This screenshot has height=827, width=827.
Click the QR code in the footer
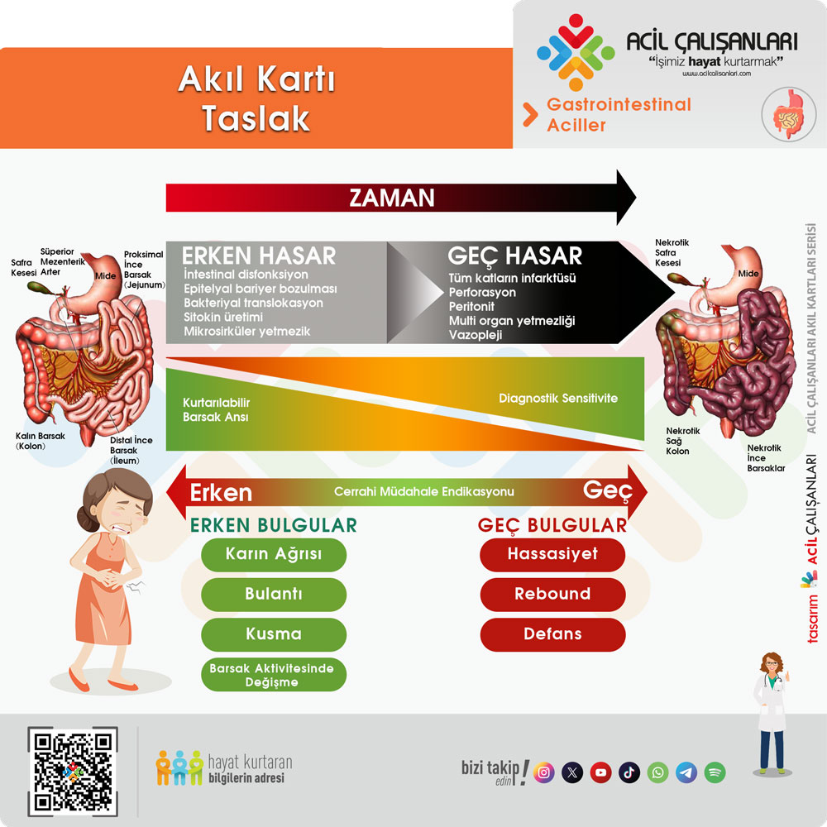pyautogui.click(x=72, y=771)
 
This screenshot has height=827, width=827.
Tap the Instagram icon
pyautogui.click(x=544, y=772)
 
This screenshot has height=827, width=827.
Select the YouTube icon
pyautogui.click(x=600, y=772)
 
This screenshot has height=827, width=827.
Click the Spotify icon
pyautogui.click(x=715, y=772)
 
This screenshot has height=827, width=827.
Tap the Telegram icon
pyautogui.click(x=686, y=772)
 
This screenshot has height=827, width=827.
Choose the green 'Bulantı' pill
pyautogui.click(x=274, y=594)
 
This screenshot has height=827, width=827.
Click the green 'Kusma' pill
pyautogui.click(x=274, y=634)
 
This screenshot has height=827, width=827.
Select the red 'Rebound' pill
pyautogui.click(x=552, y=594)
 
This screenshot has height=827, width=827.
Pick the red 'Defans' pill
pyautogui.click(x=552, y=634)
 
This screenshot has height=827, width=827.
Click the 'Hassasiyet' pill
pyautogui.click(x=552, y=554)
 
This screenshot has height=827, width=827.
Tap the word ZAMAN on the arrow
pyautogui.click(x=392, y=198)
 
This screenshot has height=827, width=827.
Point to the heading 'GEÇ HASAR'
pyautogui.click(x=514, y=256)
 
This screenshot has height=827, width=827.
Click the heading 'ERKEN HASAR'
pyautogui.click(x=258, y=256)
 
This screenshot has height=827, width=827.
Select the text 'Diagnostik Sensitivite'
pyautogui.click(x=558, y=399)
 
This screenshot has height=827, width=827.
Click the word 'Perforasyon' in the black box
pyautogui.click(x=482, y=292)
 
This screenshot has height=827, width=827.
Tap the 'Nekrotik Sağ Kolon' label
pyautogui.click(x=682, y=441)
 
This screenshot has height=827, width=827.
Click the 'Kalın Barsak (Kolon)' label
pyautogui.click(x=40, y=441)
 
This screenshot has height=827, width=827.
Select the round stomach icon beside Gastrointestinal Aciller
pyautogui.click(x=788, y=114)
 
